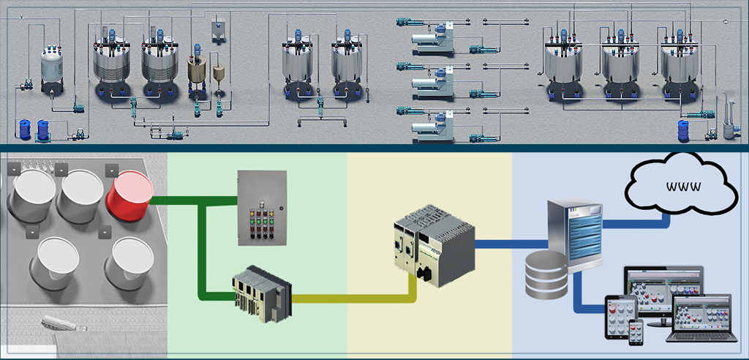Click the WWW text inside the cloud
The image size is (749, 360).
click(684, 186)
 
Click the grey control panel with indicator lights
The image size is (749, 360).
click(260, 209)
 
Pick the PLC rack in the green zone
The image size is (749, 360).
click(260, 296)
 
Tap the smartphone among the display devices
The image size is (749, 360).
click(636, 330)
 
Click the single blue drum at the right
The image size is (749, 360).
click(684, 130)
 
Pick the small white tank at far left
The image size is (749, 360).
click(50, 67)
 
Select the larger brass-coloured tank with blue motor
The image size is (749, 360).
click(197, 71)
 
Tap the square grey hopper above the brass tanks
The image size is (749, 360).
click(218, 28)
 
